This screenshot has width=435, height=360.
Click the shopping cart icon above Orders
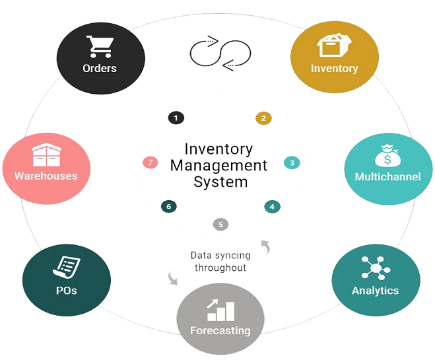[x=100, y=46]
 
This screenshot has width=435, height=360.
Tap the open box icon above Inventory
[x=334, y=45]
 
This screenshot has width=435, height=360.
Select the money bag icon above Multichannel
[x=387, y=155]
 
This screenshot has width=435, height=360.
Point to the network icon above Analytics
[x=376, y=268]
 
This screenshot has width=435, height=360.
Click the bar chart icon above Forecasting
[x=221, y=310]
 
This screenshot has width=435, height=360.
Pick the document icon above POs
[x=67, y=268]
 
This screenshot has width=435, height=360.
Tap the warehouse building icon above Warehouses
[x=46, y=155]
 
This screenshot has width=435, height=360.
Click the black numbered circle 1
[x=176, y=118]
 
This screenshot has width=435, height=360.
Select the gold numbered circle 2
[x=263, y=118]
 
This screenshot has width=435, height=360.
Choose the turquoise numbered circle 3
[x=292, y=162]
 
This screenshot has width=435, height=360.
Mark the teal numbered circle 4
[x=272, y=207]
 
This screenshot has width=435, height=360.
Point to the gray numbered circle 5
[x=221, y=225]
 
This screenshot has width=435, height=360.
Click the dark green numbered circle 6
[x=169, y=207]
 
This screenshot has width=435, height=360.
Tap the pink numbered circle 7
[x=151, y=162]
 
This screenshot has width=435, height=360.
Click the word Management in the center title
[x=218, y=166]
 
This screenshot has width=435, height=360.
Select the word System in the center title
[x=220, y=182]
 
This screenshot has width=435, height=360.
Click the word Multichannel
[x=388, y=177]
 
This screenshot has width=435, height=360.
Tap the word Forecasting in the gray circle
[x=220, y=330]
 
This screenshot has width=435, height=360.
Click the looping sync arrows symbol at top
[x=220, y=54]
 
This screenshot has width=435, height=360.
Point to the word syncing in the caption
[x=232, y=256]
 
